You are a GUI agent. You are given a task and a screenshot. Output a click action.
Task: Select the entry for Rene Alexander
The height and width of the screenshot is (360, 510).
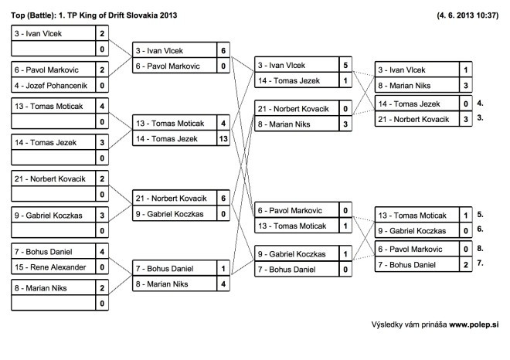tap(50, 267)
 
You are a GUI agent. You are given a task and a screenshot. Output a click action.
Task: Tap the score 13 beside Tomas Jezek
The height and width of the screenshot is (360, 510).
tap(223, 139)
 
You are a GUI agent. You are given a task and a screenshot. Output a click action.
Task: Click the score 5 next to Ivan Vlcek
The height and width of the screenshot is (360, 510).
tap(345, 66)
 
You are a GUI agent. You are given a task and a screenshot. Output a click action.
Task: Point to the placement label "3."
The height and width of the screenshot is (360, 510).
tap(480, 117)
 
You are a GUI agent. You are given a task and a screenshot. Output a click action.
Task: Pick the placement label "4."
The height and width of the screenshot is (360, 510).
tap(480, 104)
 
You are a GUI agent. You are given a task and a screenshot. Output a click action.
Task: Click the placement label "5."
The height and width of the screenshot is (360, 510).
tap(480, 215)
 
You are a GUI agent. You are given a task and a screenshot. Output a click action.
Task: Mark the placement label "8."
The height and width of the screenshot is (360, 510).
tap(480, 249)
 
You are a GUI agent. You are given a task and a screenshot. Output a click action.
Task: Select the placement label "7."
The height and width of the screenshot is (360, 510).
tap(480, 263)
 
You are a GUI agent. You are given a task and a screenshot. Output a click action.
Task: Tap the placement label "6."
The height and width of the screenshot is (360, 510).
tap(480, 229)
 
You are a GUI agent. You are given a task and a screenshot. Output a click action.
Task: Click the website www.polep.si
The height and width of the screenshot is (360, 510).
tap(474, 324)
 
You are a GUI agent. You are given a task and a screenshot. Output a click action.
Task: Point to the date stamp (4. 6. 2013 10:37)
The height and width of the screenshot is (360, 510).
tap(467, 15)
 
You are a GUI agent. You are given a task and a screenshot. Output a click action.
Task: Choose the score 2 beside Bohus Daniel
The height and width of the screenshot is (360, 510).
tap(466, 265)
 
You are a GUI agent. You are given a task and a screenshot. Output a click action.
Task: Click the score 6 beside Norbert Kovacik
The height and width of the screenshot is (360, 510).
tap(223, 199)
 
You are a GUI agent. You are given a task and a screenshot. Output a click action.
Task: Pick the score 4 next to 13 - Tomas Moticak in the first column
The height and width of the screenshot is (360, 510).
tap(102, 107)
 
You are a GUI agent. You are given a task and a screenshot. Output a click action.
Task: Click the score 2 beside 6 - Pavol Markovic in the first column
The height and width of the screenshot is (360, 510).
tap(102, 70)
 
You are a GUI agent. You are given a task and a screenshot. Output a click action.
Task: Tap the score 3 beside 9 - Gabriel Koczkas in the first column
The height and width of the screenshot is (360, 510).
tap(102, 216)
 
